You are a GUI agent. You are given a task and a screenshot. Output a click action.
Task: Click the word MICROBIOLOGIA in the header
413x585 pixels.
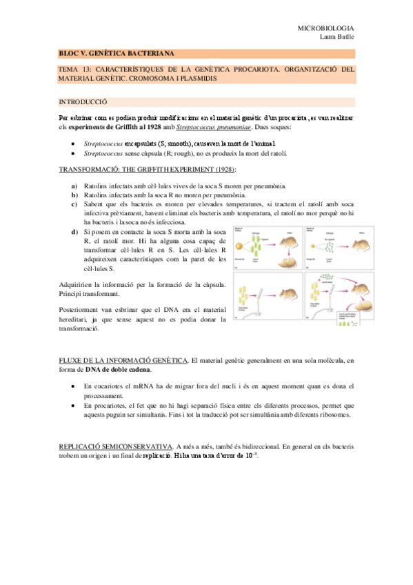click(x=325, y=28)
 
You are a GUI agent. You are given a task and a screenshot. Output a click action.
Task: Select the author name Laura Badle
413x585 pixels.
click(x=336, y=37)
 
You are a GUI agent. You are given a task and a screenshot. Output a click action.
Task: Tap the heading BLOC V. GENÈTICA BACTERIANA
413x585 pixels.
click(x=117, y=53)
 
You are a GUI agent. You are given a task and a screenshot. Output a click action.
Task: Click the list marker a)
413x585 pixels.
click(x=74, y=186)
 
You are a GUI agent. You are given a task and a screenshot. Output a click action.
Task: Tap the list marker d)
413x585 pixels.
click(x=74, y=231)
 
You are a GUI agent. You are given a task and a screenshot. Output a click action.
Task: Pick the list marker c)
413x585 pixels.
click(x=74, y=204)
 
